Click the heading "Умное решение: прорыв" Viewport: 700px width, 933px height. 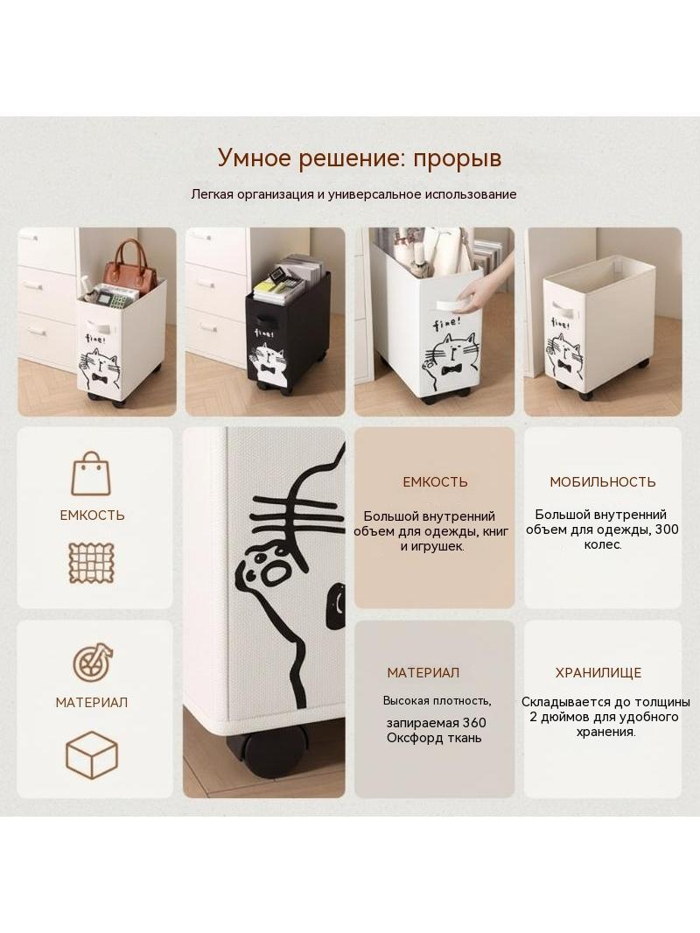[x=360, y=158]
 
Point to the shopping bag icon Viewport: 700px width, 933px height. [x=91, y=474]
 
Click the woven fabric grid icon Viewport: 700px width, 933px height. [x=92, y=562]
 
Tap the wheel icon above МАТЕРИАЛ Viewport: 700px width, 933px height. [x=93, y=663]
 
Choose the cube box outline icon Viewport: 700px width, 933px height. [x=92, y=755]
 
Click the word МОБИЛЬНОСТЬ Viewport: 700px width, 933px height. [x=603, y=482]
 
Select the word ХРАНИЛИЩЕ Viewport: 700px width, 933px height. [x=598, y=673]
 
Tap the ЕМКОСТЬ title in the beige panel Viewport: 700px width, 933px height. [x=435, y=482]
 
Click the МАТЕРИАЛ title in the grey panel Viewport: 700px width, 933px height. [x=423, y=673]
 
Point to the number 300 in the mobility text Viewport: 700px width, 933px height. [x=667, y=530]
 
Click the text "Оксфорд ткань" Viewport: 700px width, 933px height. [x=434, y=739]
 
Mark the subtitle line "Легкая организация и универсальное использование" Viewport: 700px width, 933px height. [x=353, y=194]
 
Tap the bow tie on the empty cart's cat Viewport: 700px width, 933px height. [x=563, y=367]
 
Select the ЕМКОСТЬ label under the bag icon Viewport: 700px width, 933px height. [x=92, y=516]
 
